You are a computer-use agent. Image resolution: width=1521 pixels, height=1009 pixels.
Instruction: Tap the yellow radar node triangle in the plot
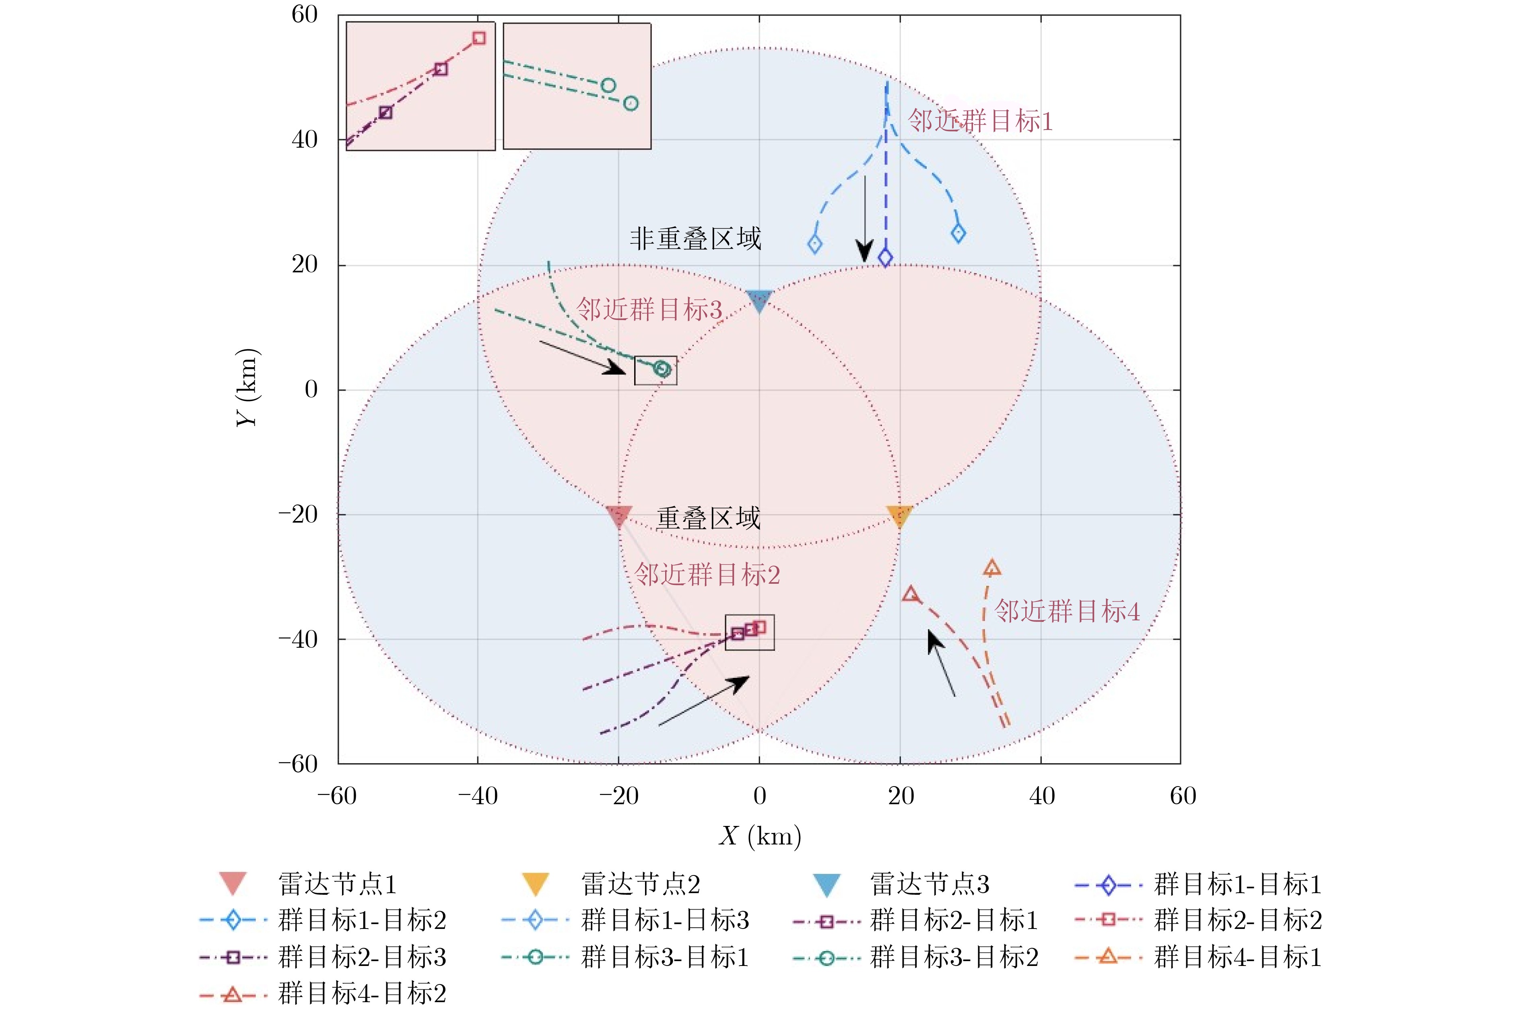(899, 515)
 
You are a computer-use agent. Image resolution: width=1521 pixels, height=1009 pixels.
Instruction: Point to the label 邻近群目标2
(707, 575)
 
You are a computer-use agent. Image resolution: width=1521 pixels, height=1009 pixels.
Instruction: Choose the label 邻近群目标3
(649, 309)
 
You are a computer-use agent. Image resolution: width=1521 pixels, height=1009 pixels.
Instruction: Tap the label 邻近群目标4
(1067, 611)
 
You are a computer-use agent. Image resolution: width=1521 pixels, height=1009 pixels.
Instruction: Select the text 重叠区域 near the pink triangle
(708, 518)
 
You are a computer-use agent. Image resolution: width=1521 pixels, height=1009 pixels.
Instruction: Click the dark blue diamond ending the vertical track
(885, 258)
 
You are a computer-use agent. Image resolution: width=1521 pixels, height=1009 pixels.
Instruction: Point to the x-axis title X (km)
(760, 836)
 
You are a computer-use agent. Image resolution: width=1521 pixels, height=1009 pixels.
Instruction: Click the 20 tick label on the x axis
(901, 797)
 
